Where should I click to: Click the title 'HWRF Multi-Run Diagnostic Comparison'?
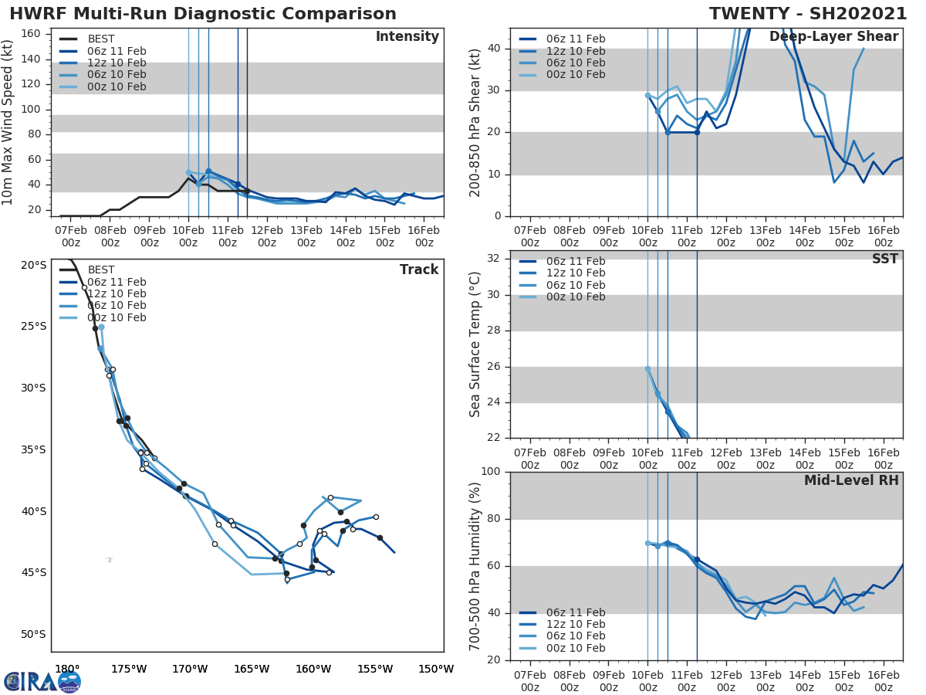click(x=203, y=14)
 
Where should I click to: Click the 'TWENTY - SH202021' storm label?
click(x=808, y=14)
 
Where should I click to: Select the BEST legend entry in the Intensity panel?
click(x=100, y=39)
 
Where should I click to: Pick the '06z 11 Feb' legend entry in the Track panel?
click(x=117, y=282)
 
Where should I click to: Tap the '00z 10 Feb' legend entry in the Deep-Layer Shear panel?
click(x=575, y=75)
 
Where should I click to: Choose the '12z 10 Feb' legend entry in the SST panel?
click(x=575, y=273)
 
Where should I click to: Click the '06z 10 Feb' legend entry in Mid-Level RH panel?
click(x=575, y=636)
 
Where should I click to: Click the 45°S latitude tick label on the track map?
click(x=33, y=572)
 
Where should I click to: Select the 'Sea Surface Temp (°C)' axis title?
click(x=475, y=344)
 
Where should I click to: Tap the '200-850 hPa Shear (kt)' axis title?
click(x=475, y=122)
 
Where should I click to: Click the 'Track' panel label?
click(x=418, y=270)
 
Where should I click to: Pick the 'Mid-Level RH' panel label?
click(x=851, y=481)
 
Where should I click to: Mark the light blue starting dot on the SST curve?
click(x=647, y=368)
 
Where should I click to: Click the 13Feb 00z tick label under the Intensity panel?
click(x=306, y=236)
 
